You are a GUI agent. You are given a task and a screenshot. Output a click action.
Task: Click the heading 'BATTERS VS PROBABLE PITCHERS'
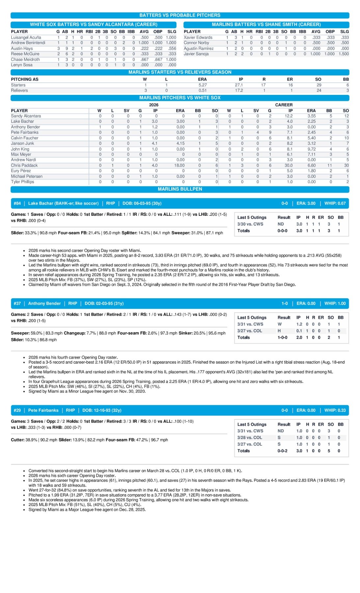[180, 15]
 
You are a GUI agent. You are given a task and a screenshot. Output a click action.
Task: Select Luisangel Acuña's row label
[26, 38]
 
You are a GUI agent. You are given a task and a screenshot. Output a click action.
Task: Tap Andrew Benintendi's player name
[28, 43]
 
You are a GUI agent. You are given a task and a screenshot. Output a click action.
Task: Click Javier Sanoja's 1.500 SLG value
[344, 54]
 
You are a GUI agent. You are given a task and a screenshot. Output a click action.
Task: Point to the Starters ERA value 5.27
[203, 85]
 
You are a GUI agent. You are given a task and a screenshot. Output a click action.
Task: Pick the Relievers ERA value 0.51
[203, 91]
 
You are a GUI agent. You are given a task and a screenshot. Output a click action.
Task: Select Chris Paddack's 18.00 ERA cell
[179, 165]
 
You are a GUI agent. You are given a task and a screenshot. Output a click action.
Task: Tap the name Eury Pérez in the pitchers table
[21, 171]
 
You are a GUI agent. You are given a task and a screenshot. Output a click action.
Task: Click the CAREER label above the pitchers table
[284, 105]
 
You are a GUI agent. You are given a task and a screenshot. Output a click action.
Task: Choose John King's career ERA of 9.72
[311, 149]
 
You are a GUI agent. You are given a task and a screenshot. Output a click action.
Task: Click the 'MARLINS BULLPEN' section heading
[180, 189]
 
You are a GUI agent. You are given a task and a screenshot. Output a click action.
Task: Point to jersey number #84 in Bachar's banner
[17, 203]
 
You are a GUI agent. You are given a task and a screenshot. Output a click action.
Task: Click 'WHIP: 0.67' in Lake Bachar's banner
[335, 203]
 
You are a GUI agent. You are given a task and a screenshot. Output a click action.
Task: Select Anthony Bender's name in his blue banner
[44, 303]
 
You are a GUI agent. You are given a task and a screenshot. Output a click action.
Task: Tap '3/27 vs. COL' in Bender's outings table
[250, 331]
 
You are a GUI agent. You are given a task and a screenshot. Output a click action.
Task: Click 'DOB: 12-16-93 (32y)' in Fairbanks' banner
[102, 410]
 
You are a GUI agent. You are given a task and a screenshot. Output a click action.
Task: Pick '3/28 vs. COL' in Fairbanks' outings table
[250, 438]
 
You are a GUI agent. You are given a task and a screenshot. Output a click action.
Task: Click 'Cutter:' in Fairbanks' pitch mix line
[18, 440]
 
